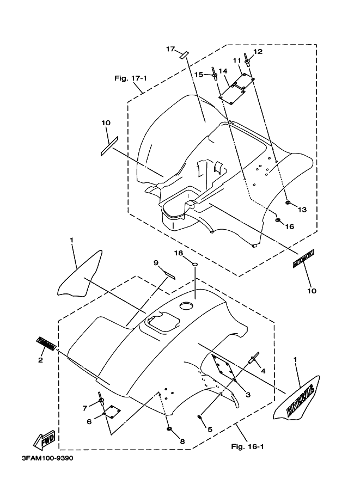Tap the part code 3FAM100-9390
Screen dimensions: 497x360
[x=47, y=458]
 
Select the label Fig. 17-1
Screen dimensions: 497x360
[x=130, y=78]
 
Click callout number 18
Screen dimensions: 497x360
[x=178, y=253]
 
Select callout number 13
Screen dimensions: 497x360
[x=302, y=210]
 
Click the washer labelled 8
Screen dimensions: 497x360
[x=169, y=430]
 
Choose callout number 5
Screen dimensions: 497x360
[x=209, y=428]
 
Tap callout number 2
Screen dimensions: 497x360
[x=41, y=359]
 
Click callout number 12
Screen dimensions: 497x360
[x=257, y=52]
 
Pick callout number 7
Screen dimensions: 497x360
[x=85, y=408]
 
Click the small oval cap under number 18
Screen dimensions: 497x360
[x=193, y=265]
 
